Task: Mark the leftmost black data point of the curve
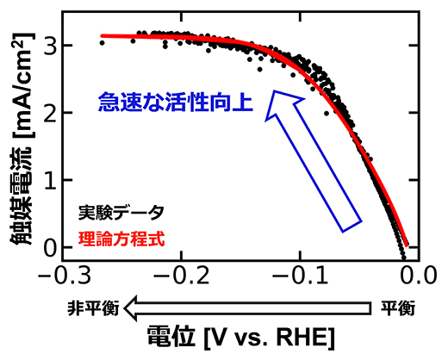pyautogui.click(x=102, y=42)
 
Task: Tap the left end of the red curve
pyautogui.click(x=103, y=36)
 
